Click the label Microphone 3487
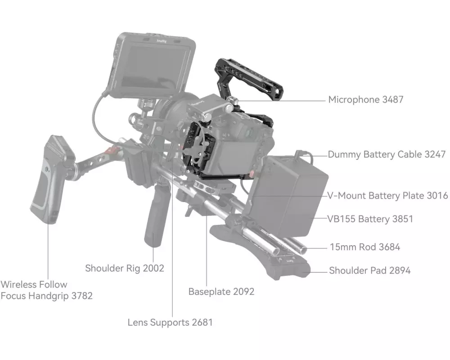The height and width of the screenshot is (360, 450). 365,99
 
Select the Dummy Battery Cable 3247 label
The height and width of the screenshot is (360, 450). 387,154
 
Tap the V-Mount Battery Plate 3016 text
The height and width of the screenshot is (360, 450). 387,195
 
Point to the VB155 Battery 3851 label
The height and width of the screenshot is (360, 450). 370,219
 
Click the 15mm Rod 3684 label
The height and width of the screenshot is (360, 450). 365,247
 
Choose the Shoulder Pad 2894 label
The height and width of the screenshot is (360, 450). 369,270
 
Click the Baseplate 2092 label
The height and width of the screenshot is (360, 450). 221,292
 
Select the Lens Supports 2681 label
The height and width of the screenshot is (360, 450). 170,322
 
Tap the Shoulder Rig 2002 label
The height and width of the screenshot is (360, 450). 125,268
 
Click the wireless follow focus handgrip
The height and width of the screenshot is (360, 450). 51,179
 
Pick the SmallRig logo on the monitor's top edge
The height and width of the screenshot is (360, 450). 162,41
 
